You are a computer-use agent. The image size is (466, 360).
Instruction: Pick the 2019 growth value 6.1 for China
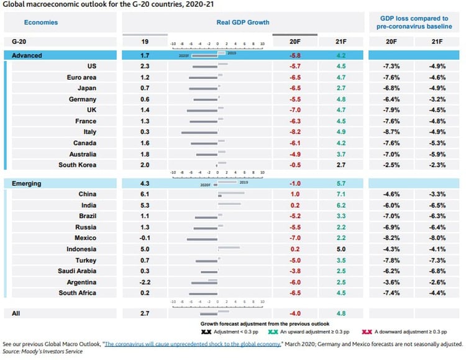click(x=144, y=194)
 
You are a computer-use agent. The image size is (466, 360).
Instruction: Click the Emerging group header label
click(x=27, y=183)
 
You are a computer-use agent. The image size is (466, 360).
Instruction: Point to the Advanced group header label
click(x=27, y=55)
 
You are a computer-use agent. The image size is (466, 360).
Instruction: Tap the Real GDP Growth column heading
click(x=243, y=22)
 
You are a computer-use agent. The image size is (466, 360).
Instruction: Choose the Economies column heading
click(x=41, y=22)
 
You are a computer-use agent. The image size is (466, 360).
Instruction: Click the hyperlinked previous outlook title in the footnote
click(x=192, y=343)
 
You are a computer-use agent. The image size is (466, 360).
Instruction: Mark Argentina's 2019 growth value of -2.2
click(x=144, y=282)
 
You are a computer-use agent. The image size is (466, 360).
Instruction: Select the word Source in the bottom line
click(x=13, y=351)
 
